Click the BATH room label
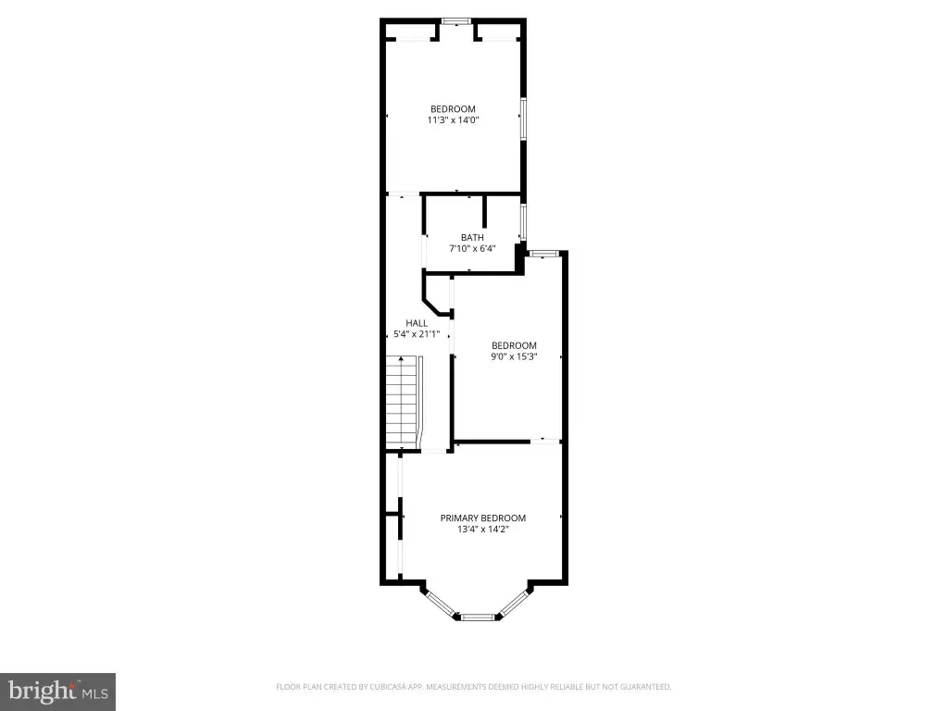(x=471, y=238)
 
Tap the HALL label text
(x=417, y=323)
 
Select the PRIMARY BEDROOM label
(x=482, y=518)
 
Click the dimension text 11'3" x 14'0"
(x=453, y=119)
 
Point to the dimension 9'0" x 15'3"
(x=514, y=356)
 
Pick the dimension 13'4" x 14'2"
(x=482, y=529)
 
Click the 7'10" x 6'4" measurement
(x=471, y=248)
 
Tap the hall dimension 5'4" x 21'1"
(x=417, y=333)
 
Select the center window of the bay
(x=477, y=617)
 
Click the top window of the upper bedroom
(x=455, y=21)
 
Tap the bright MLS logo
(x=58, y=692)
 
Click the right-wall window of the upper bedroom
(x=524, y=118)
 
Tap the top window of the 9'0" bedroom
(x=541, y=254)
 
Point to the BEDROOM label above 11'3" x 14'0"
(x=453, y=109)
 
